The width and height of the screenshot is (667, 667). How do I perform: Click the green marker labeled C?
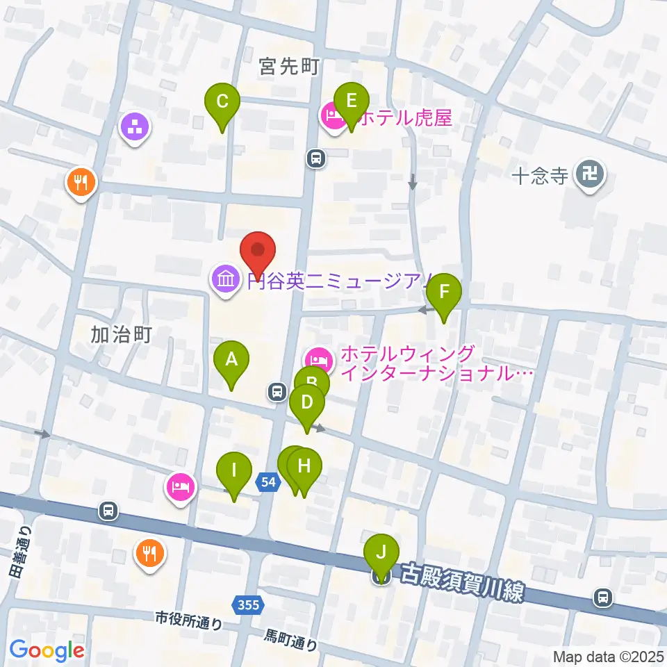coord(222,102)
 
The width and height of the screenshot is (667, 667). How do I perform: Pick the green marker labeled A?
coord(231,361)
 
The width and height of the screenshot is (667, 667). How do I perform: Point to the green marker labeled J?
coord(381,554)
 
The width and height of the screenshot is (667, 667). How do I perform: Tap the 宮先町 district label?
coord(288,67)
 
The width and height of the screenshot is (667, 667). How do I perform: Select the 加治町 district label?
coord(121,335)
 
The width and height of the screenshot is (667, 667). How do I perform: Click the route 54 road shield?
coord(270,481)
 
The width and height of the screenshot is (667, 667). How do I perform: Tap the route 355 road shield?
coord(248,605)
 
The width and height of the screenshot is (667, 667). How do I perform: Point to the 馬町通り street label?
coord(291,640)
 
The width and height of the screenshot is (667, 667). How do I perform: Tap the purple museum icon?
coord(225,281)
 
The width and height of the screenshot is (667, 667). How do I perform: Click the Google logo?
coord(47,650)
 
